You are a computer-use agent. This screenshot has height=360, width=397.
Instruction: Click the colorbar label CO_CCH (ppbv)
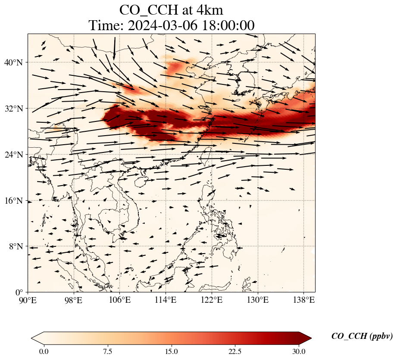click(362, 337)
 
